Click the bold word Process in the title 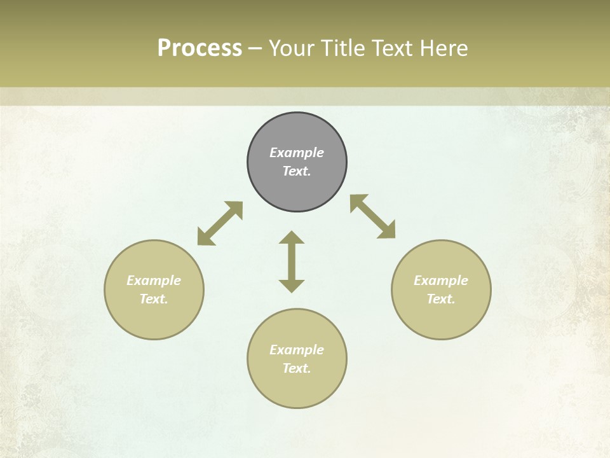(200, 48)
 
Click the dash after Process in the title (255, 49)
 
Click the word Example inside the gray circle (297, 153)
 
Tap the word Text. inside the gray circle (297, 171)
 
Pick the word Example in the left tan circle (154, 281)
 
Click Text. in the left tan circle (154, 299)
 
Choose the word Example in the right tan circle (441, 281)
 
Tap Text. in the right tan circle (441, 299)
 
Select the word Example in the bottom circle (297, 350)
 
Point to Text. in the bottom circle (297, 368)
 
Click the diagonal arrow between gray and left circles (220, 223)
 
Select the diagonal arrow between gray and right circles (373, 216)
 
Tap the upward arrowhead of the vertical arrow (292, 237)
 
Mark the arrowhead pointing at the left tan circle (204, 239)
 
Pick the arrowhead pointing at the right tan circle (388, 231)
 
